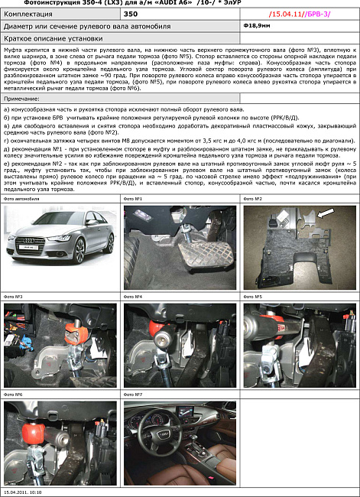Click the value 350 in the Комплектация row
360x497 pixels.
pos(131,14)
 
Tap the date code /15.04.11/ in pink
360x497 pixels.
pos(284,14)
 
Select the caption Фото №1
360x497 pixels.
pos(133,198)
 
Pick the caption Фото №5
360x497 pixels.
pos(253,296)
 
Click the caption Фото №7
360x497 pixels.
pos(133,395)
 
